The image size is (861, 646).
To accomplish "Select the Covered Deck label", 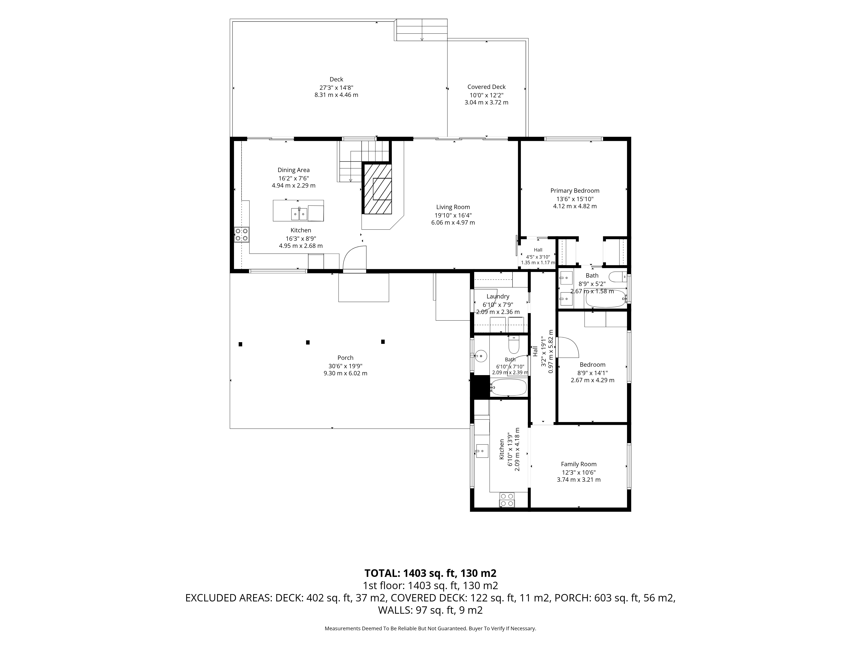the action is pyautogui.click(x=486, y=87).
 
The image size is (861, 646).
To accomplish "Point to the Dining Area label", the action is pyautogui.click(x=293, y=170).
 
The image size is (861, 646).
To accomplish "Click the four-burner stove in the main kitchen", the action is pyautogui.click(x=242, y=235).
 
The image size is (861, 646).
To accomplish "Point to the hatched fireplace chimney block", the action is pyautogui.click(x=378, y=188).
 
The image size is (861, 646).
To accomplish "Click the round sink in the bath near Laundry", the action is pyautogui.click(x=481, y=356).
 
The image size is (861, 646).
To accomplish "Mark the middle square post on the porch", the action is pyautogui.click(x=308, y=343).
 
